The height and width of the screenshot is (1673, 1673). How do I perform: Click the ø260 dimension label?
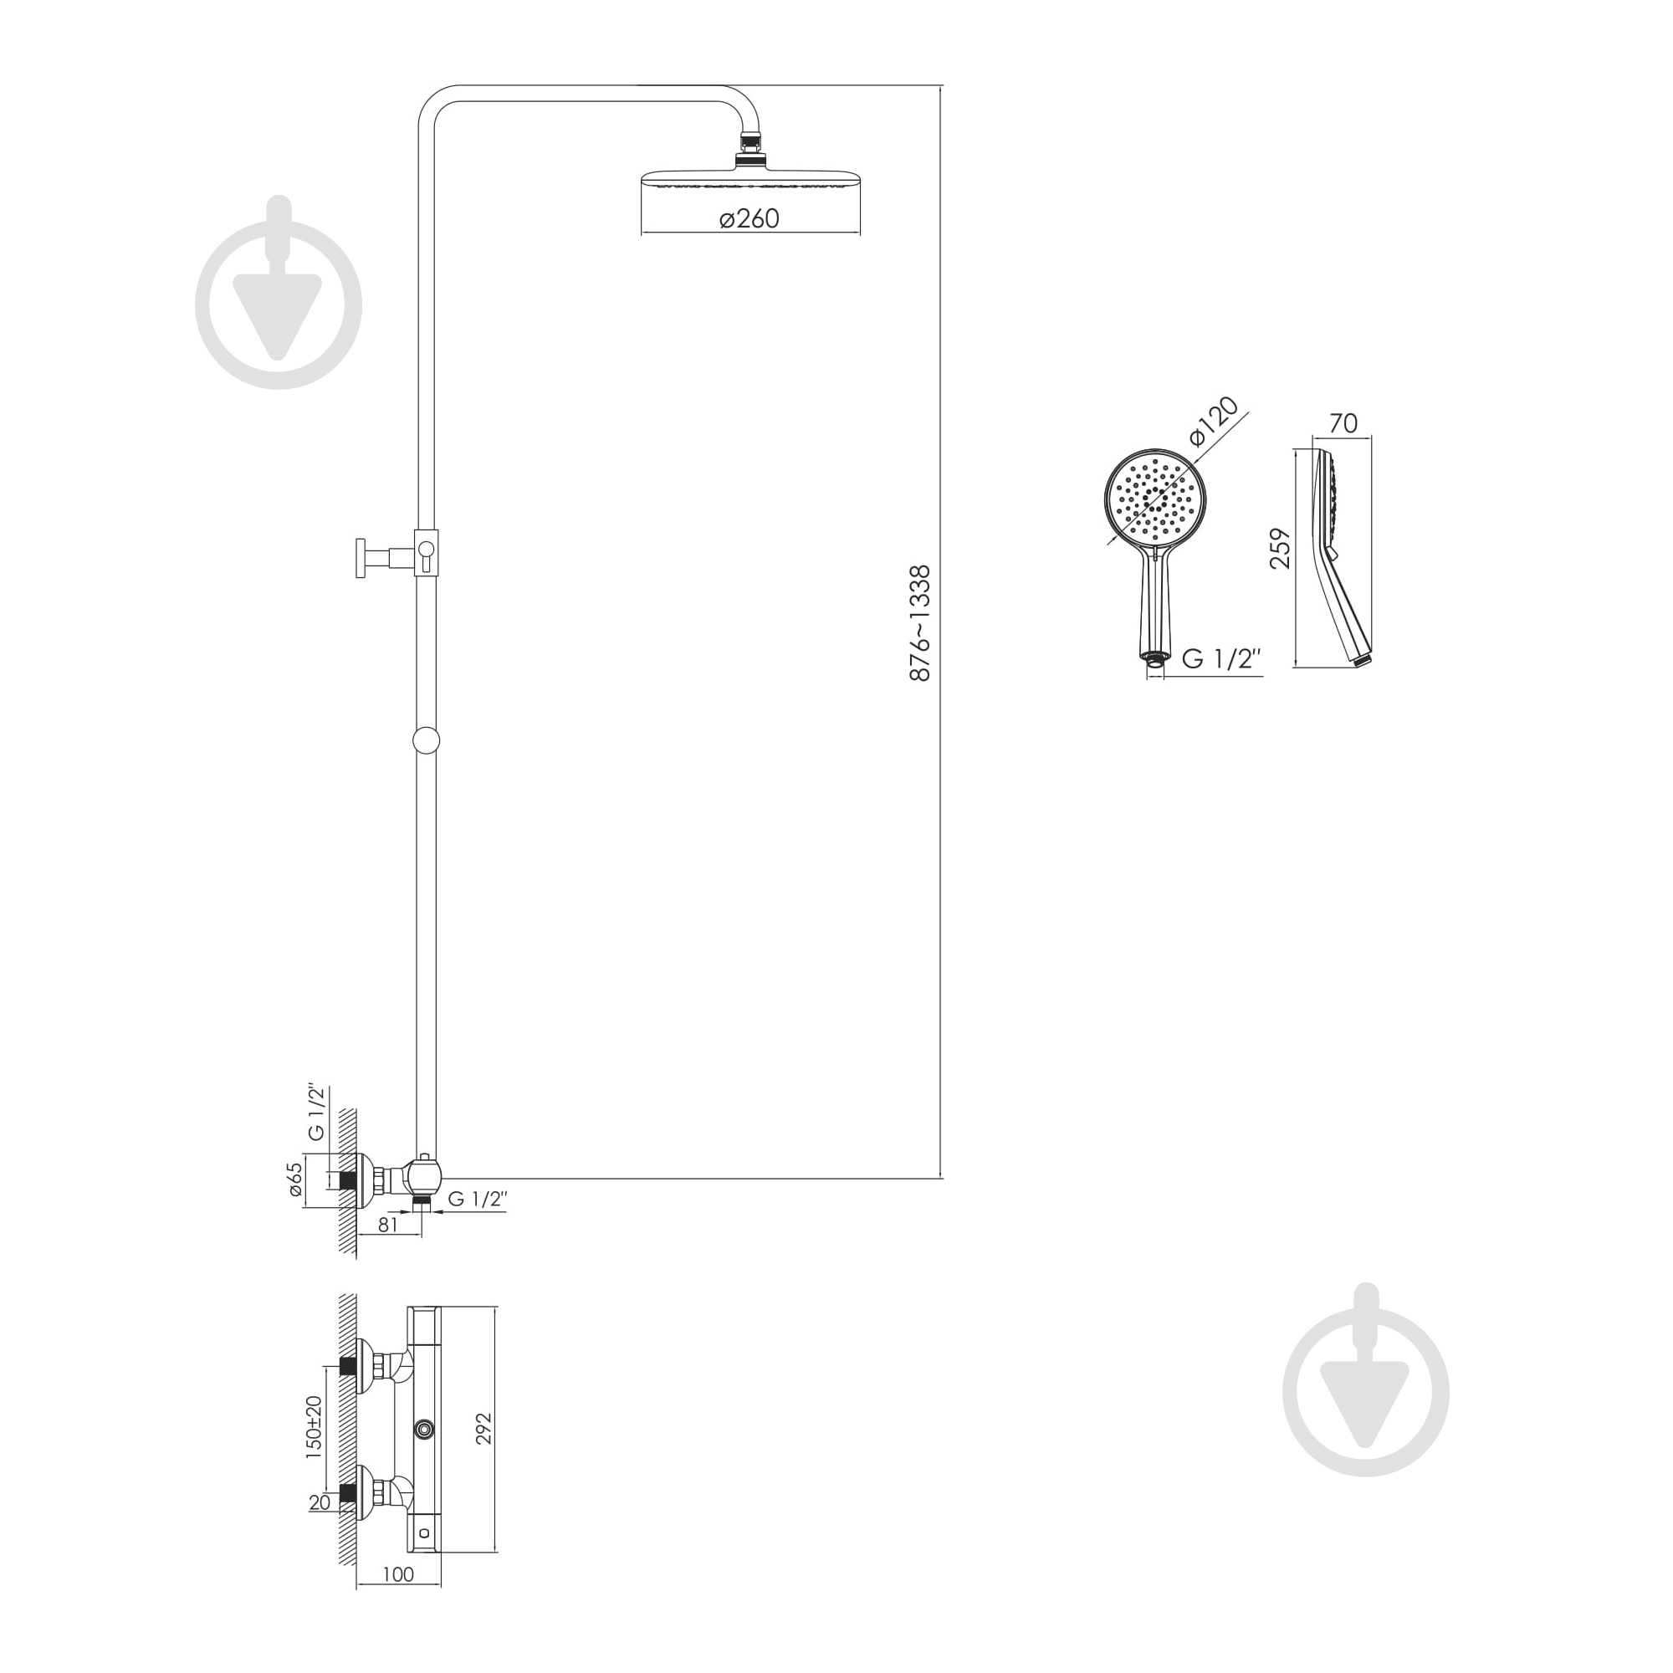click(750, 218)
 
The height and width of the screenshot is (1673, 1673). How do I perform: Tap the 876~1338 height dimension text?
click(920, 623)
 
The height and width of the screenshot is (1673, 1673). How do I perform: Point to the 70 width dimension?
click(1343, 423)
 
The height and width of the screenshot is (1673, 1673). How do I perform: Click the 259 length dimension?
click(1280, 547)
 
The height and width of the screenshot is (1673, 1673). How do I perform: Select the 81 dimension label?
click(388, 1225)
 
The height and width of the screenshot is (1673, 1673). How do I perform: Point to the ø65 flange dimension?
click(294, 1182)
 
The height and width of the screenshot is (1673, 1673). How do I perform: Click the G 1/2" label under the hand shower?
click(1221, 659)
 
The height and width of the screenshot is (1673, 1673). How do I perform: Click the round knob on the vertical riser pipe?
click(426, 740)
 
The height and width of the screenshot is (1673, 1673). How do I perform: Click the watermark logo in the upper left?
click(278, 293)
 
